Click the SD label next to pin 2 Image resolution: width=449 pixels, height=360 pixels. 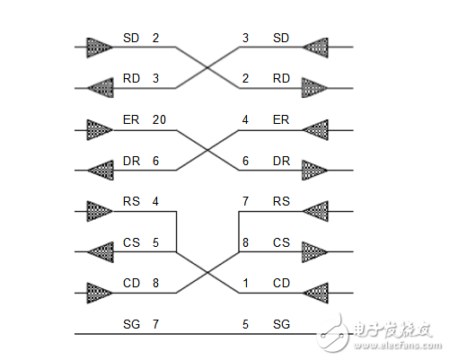click(x=130, y=39)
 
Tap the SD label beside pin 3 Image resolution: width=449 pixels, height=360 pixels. click(x=281, y=39)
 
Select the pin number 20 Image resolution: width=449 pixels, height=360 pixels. click(x=159, y=119)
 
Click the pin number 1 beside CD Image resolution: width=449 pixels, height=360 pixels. click(x=245, y=283)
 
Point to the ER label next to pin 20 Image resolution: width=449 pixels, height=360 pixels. click(x=130, y=119)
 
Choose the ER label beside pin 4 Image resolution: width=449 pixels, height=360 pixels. click(x=281, y=119)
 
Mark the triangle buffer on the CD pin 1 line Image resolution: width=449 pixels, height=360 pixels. click(x=316, y=292)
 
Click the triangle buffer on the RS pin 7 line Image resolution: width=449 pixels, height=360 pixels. click(x=316, y=211)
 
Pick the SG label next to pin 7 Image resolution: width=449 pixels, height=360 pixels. click(x=130, y=323)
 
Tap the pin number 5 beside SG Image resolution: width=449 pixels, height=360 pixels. click(x=245, y=323)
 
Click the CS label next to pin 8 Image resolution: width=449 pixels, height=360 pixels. click(x=281, y=242)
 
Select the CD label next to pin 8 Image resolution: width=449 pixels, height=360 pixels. click(x=130, y=283)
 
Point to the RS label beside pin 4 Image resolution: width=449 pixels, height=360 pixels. click(x=130, y=202)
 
